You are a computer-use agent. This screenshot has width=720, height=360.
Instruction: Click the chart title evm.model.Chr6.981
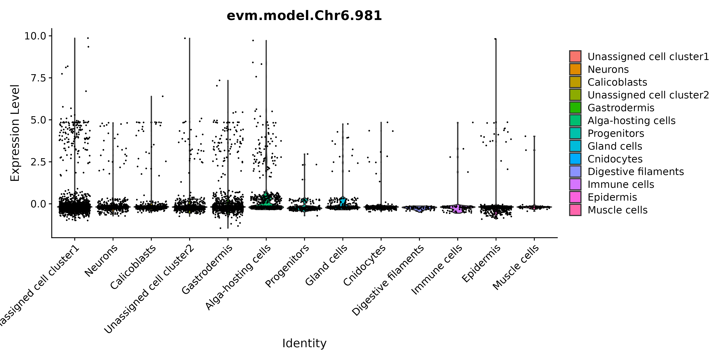click(304, 16)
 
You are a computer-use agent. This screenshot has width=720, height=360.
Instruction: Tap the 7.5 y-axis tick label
click(39, 78)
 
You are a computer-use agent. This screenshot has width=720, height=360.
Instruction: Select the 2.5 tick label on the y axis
click(39, 162)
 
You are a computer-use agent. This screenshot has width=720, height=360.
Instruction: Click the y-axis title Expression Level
click(15, 133)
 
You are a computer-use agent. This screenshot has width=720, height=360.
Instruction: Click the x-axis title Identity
click(304, 343)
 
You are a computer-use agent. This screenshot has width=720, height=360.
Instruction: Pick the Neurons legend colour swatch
click(575, 69)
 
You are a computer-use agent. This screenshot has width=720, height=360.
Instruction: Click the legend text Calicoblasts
click(617, 82)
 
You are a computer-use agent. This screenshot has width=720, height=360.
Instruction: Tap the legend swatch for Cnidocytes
click(575, 159)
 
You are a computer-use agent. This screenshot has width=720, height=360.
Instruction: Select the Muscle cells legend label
click(617, 210)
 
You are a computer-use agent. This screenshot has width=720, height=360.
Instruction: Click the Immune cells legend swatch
click(575, 184)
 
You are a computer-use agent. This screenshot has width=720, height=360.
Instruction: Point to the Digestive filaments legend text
click(636, 172)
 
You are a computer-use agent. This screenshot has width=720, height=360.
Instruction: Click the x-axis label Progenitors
click(287, 266)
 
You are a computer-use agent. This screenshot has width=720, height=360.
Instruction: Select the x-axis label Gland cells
click(326, 265)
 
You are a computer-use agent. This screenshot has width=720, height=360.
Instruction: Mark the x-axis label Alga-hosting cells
click(238, 277)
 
